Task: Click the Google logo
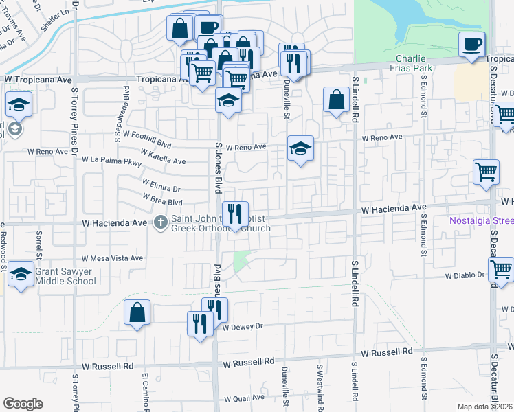click(23, 404)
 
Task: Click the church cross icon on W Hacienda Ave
click(161, 222)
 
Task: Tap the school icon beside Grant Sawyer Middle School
click(21, 275)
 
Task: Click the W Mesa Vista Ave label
click(112, 259)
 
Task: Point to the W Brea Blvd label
click(162, 200)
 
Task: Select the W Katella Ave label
click(162, 157)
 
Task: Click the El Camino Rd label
click(146, 392)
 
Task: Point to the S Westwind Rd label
click(320, 388)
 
